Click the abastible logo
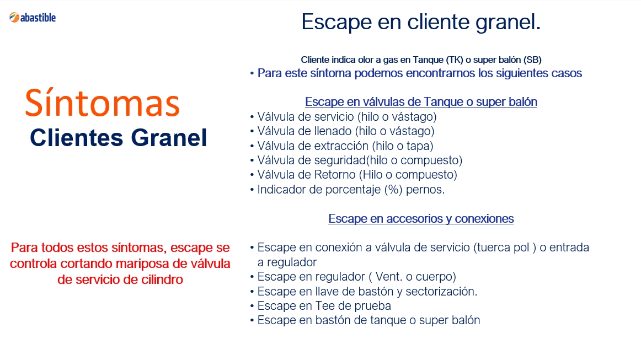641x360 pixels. tap(33, 18)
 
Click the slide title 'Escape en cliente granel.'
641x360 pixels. tap(421, 22)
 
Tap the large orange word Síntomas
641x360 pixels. tap(102, 103)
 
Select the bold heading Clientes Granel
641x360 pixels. tap(119, 138)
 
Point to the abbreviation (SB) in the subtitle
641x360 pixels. tap(532, 60)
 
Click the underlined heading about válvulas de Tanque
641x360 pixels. tap(421, 102)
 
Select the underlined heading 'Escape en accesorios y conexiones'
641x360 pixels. tap(421, 219)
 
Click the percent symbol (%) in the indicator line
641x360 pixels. tap(394, 190)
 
